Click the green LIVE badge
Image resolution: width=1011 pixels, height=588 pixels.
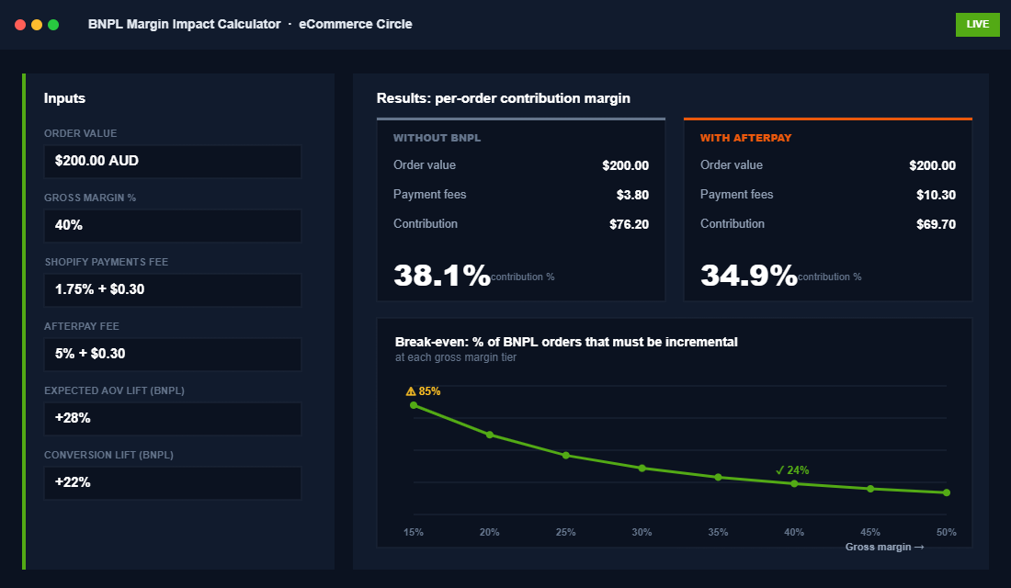(977, 25)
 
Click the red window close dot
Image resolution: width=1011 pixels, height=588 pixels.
(20, 25)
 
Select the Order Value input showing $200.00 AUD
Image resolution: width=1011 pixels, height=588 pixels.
(173, 161)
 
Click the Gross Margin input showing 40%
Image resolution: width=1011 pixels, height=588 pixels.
(173, 225)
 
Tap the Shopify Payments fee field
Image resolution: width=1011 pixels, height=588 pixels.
(173, 289)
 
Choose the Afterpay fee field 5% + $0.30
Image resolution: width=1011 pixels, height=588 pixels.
(173, 354)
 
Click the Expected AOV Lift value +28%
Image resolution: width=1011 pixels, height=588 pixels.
(173, 418)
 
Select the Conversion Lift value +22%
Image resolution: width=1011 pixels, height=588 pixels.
(173, 482)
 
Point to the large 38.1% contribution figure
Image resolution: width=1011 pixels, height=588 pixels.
(442, 275)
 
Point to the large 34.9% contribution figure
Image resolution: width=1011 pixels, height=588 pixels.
(749, 275)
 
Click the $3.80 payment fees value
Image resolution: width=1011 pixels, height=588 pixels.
(632, 195)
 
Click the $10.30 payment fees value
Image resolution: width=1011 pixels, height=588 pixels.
(936, 195)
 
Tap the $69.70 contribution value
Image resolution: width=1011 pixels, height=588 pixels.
(936, 224)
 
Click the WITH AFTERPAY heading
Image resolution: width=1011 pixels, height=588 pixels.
(745, 138)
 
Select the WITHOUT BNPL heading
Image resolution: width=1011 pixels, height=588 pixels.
(437, 138)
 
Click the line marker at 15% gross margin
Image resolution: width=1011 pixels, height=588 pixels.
(414, 405)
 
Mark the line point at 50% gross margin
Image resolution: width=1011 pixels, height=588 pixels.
(947, 493)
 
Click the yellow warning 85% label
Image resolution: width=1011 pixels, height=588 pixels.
(424, 391)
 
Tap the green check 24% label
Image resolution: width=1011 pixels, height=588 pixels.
(792, 470)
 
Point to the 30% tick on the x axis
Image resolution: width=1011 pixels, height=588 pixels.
(642, 532)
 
